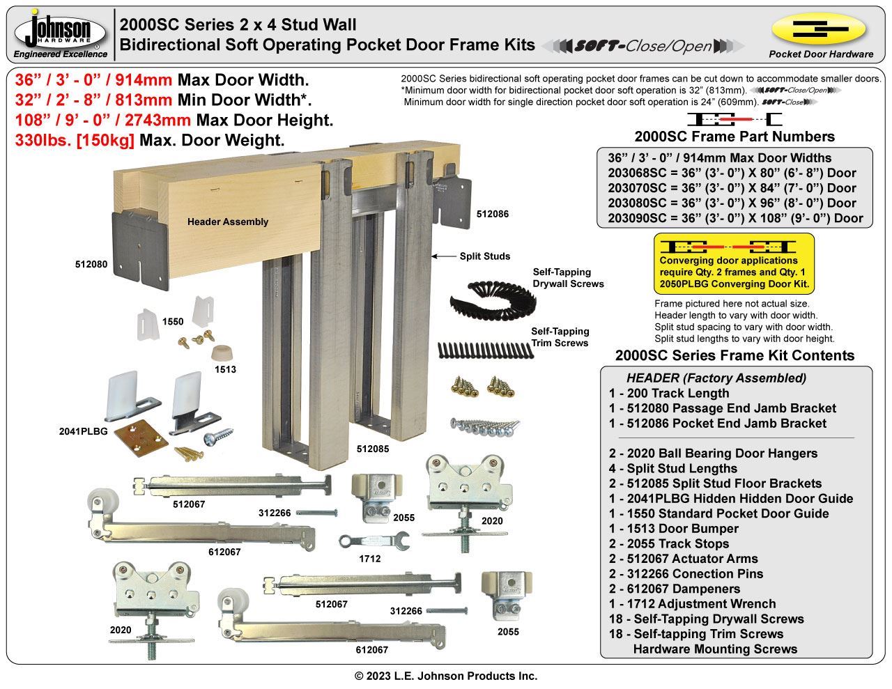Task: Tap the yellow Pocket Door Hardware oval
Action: [x=819, y=29]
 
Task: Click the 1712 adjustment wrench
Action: [x=363, y=541]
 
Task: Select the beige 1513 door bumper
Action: [x=224, y=350]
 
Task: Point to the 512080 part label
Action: [x=91, y=265]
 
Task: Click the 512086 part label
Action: [x=493, y=214]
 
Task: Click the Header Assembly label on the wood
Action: [x=227, y=222]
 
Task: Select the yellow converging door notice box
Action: [x=734, y=263]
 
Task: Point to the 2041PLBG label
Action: [x=84, y=431]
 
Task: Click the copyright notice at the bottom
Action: [x=446, y=676]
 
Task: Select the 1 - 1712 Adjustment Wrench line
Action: [x=692, y=604]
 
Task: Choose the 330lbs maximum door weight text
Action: [x=150, y=140]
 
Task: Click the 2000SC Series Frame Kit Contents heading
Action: [x=735, y=355]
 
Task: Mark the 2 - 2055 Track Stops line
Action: [x=669, y=543]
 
